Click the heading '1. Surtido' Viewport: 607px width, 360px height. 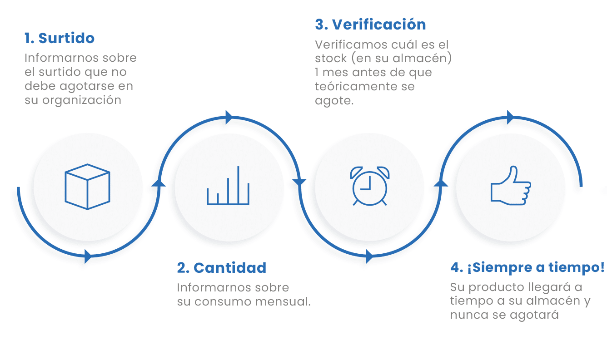tap(60, 38)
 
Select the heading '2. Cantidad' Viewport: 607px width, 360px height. tap(222, 268)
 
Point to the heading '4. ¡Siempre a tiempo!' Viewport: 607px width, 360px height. tap(527, 268)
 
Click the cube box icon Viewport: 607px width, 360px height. tap(87, 187)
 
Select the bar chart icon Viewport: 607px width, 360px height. tap(228, 186)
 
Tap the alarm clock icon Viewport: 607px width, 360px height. tap(370, 186)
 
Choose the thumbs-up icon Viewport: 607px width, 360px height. tap(511, 185)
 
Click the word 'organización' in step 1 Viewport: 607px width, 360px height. tap(82, 101)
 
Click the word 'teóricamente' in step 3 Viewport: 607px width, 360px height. tap(350, 86)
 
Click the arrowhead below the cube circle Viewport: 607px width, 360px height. tap(88, 256)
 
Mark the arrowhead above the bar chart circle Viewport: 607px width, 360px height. tap(229, 117)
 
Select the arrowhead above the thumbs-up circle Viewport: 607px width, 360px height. tap(511, 117)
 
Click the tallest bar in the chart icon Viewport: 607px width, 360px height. tap(238, 185)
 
